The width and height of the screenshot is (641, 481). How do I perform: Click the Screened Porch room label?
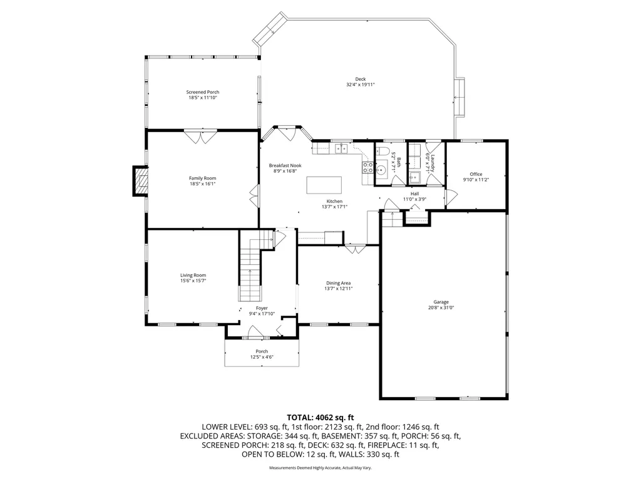(203, 92)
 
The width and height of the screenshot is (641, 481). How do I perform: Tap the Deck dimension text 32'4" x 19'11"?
(360, 85)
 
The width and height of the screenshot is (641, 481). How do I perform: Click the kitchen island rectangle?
(324, 185)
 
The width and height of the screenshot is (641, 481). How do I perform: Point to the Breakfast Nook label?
(285, 165)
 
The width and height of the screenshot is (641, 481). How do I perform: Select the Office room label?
(476, 174)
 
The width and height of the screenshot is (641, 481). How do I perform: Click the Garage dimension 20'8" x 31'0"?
(443, 308)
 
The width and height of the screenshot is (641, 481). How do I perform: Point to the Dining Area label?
(339, 282)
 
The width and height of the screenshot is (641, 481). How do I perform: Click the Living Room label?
(193, 275)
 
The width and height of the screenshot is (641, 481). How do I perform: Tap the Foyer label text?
(262, 308)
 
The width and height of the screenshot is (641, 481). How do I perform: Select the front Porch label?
(262, 351)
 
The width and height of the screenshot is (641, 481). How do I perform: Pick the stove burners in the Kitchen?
(367, 167)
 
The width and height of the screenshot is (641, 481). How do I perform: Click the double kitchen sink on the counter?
(341, 148)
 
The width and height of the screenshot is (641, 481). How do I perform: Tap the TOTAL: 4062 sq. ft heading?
(320, 417)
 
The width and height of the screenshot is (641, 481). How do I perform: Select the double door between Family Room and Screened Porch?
(200, 136)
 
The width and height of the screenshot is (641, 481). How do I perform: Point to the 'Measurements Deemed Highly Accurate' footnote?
(320, 468)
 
